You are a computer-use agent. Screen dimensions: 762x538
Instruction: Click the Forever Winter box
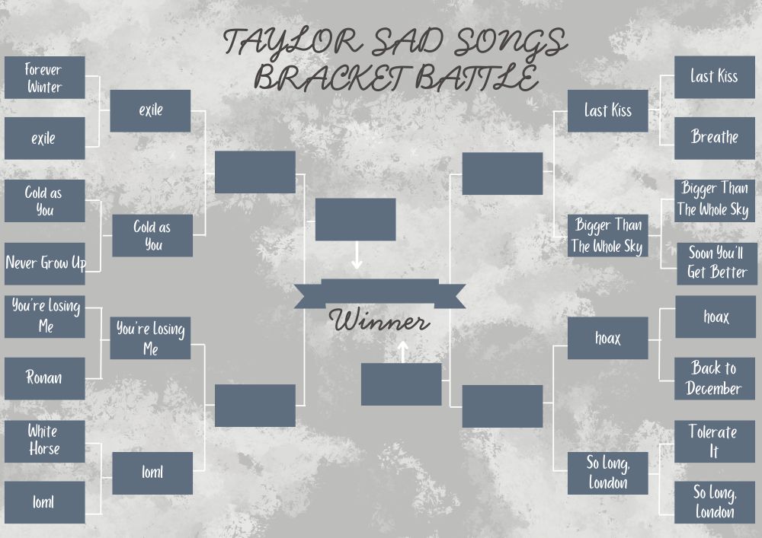(45, 78)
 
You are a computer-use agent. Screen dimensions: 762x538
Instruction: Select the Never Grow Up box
(45, 263)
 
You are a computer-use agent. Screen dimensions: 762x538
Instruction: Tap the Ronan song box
(45, 378)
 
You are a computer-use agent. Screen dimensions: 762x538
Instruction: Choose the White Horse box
(45, 441)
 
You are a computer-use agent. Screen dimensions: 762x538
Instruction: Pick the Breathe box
(715, 138)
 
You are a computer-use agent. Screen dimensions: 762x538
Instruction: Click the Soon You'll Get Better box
(717, 263)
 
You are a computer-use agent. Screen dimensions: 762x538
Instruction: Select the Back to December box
(715, 378)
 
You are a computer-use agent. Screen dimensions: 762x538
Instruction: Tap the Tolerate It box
(715, 441)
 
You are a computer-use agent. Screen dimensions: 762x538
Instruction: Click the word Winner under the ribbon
(379, 320)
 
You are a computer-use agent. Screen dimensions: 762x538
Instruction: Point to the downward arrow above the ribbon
(356, 255)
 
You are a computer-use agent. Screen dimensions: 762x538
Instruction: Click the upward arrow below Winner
(402, 352)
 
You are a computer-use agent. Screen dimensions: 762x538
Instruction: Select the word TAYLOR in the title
(293, 43)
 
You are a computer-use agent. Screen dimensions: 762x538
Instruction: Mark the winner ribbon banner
(379, 294)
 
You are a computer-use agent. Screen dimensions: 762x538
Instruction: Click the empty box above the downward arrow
(355, 219)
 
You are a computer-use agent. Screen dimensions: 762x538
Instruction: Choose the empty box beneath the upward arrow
(401, 384)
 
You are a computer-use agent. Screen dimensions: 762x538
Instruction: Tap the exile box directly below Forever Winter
(45, 138)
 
